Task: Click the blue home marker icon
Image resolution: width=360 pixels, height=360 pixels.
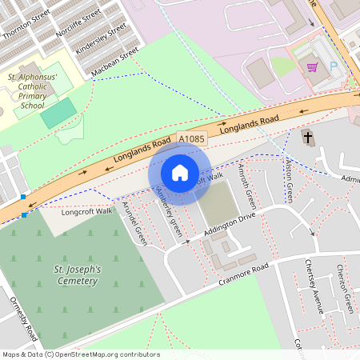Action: pyautogui.click(x=180, y=173)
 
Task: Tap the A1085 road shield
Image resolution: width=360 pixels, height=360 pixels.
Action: pyautogui.click(x=193, y=138)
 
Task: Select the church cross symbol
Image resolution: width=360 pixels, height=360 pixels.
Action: pyautogui.click(x=308, y=138)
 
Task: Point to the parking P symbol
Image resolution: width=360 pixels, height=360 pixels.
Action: pyautogui.click(x=345, y=70)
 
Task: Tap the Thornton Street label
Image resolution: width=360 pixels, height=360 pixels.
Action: pyautogui.click(x=26, y=24)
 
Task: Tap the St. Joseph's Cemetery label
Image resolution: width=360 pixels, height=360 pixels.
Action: pyautogui.click(x=77, y=276)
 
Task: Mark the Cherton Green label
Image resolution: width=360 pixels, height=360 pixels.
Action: pyautogui.click(x=345, y=283)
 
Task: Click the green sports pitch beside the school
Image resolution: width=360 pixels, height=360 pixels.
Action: pyautogui.click(x=55, y=113)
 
